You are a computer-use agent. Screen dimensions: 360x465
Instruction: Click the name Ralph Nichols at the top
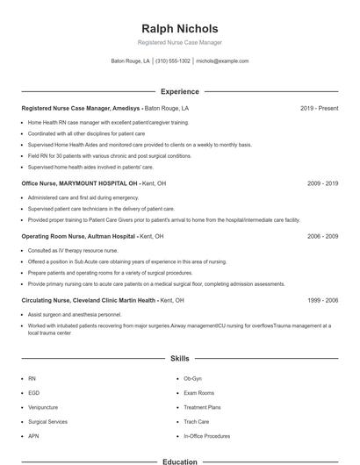coord(180,29)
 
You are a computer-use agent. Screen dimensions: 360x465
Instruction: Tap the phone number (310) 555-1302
coord(174,61)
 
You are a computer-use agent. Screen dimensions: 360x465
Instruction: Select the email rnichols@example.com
coord(222,61)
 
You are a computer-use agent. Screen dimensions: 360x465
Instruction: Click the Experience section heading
coord(180,91)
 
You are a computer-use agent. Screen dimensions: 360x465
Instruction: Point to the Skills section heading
coord(180,359)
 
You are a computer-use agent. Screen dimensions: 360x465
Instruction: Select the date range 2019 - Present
coord(319,108)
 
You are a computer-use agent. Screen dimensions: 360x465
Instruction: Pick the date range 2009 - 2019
coord(322,184)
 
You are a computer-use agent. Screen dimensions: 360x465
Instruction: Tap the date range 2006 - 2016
coord(322,237)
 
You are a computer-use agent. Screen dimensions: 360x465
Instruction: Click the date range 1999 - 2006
coord(322,300)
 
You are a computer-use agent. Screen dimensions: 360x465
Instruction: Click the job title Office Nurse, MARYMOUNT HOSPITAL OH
coord(80,184)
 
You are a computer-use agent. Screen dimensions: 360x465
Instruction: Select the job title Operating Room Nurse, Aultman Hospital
coord(79,237)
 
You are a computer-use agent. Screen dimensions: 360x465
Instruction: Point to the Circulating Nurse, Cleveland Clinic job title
coord(90,300)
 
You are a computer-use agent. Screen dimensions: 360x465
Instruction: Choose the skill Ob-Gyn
coord(192,378)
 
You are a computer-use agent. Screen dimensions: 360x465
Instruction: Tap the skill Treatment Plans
coord(202,407)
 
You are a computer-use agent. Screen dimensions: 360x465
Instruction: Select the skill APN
coord(33,436)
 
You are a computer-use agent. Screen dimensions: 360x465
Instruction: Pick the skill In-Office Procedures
coord(206,436)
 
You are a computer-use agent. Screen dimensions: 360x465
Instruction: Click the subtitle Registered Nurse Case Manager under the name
coord(180,43)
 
